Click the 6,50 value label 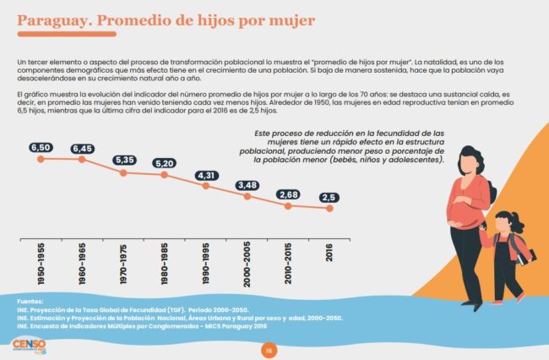click(41, 148)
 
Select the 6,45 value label click(82, 149)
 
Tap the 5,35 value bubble click(123, 161)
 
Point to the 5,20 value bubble click(165, 163)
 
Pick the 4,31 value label click(206, 176)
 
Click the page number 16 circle click(269, 350)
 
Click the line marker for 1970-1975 click(123, 172)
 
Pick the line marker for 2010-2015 click(289, 205)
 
